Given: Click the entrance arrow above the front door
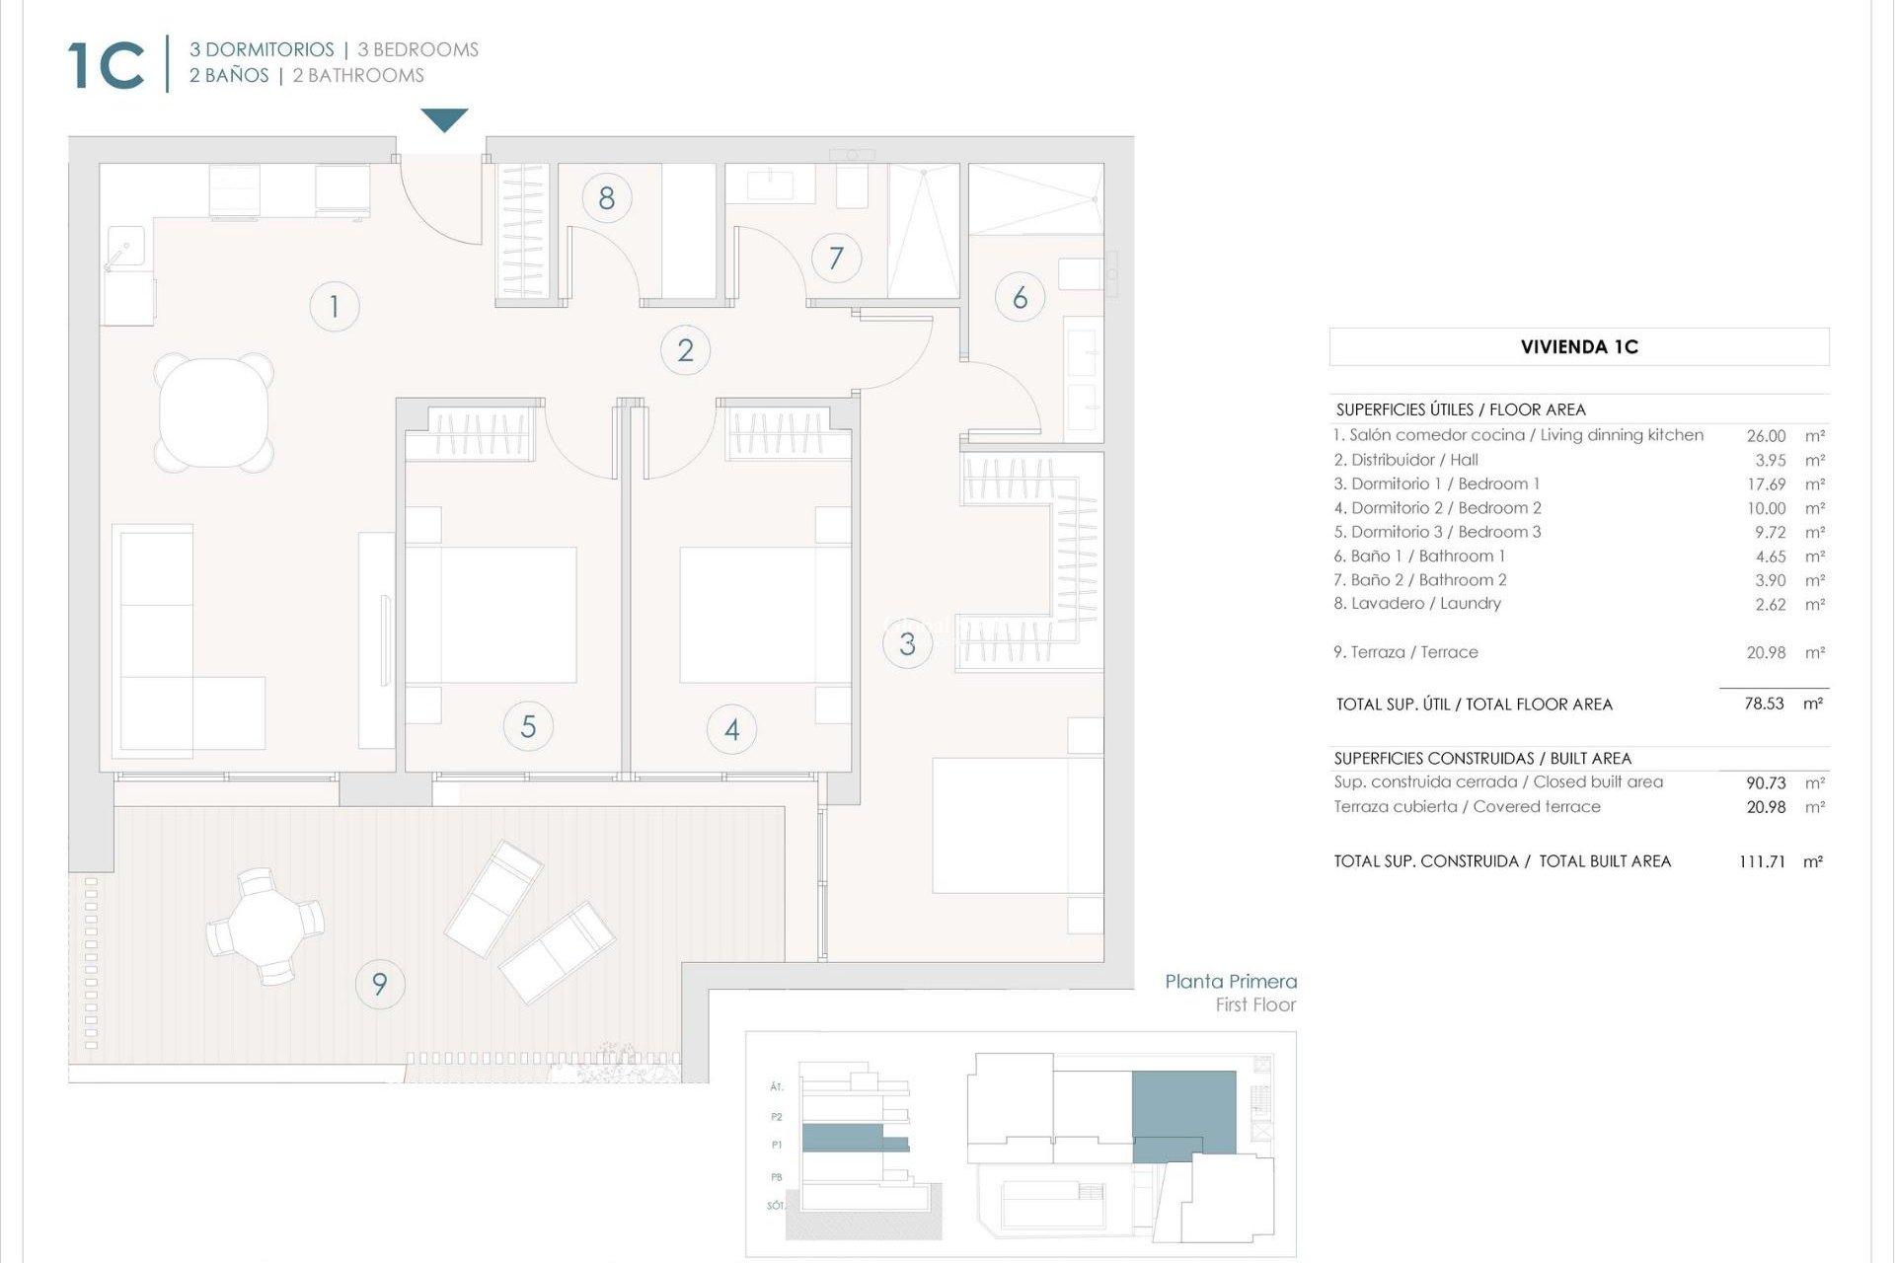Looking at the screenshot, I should click(444, 119).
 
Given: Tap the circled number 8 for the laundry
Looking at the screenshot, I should click(606, 198).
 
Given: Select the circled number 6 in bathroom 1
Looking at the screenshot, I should click(1020, 297).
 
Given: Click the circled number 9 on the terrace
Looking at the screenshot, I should click(379, 984).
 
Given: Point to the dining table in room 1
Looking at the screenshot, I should click(214, 412).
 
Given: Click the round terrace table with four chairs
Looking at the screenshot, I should click(265, 926).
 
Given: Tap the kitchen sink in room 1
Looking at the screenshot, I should click(125, 248).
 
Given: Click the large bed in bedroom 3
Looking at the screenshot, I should click(1017, 825).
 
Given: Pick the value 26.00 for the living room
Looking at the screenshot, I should click(1766, 436).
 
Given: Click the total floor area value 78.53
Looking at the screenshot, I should click(1764, 705).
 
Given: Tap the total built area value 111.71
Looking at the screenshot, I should click(1762, 861).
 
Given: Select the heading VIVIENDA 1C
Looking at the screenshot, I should click(1579, 347).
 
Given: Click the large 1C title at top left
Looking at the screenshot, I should click(107, 66).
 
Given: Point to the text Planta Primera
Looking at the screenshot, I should click(1230, 982).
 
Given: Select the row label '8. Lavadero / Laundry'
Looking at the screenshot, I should click(1416, 604).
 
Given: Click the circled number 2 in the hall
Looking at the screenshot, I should click(685, 350).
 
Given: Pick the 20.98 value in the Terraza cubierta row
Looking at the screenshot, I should click(1766, 807).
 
